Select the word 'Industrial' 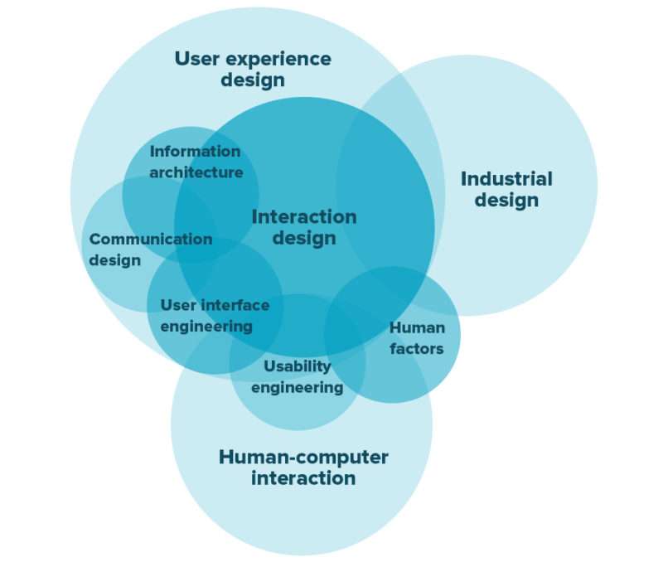(x=506, y=179)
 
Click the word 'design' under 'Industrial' (x=506, y=201)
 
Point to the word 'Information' (x=195, y=151)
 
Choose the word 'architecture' (x=196, y=172)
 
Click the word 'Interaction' (x=304, y=216)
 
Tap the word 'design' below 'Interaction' (x=304, y=238)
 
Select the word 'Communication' (x=151, y=239)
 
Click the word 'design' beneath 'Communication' (x=115, y=260)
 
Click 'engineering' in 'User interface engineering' (x=206, y=327)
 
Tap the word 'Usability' (x=298, y=366)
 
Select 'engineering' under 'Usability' (x=298, y=387)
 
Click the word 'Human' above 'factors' (x=417, y=327)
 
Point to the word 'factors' (x=417, y=349)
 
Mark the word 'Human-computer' (x=303, y=458)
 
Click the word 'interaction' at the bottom (x=303, y=478)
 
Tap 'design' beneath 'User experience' (x=253, y=80)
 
